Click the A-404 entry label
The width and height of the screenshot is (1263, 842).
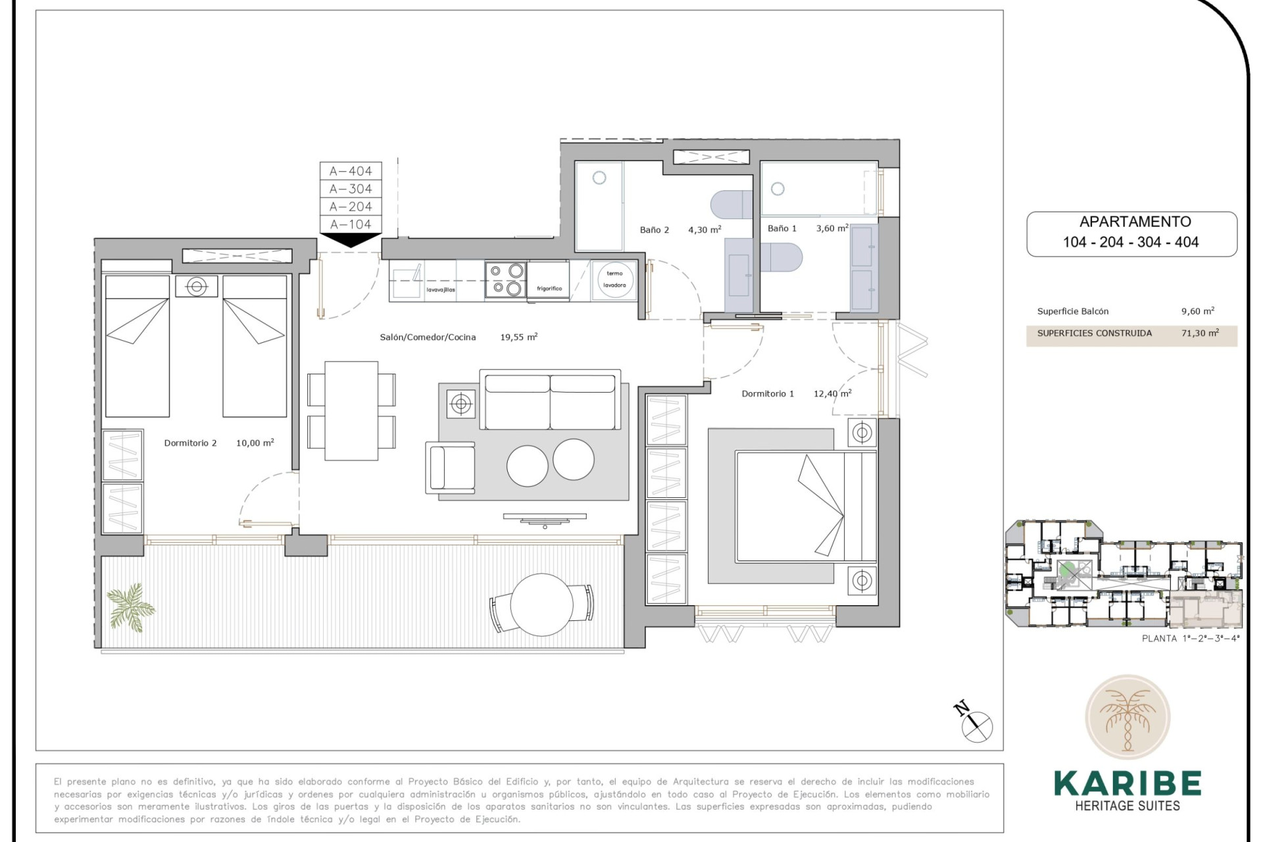(x=351, y=171)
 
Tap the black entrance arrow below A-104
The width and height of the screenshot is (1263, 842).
(x=351, y=240)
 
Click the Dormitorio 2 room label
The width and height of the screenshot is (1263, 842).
(x=190, y=443)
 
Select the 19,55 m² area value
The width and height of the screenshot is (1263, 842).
(x=518, y=337)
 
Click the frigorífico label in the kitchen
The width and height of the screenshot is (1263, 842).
(x=549, y=289)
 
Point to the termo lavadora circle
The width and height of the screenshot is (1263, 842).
(x=614, y=280)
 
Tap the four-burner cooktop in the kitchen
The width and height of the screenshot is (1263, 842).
(x=505, y=279)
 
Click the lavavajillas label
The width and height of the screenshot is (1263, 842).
(x=440, y=289)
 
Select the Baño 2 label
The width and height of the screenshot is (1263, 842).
(x=654, y=230)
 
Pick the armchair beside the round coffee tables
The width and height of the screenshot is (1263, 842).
(x=451, y=468)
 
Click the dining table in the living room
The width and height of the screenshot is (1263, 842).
(x=351, y=410)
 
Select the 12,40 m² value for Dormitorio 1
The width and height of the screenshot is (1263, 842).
(x=832, y=393)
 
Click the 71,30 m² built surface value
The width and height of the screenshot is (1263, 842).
(x=1199, y=334)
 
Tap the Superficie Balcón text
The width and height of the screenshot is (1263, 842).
(x=1072, y=312)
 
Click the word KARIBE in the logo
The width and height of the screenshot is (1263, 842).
(x=1127, y=783)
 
